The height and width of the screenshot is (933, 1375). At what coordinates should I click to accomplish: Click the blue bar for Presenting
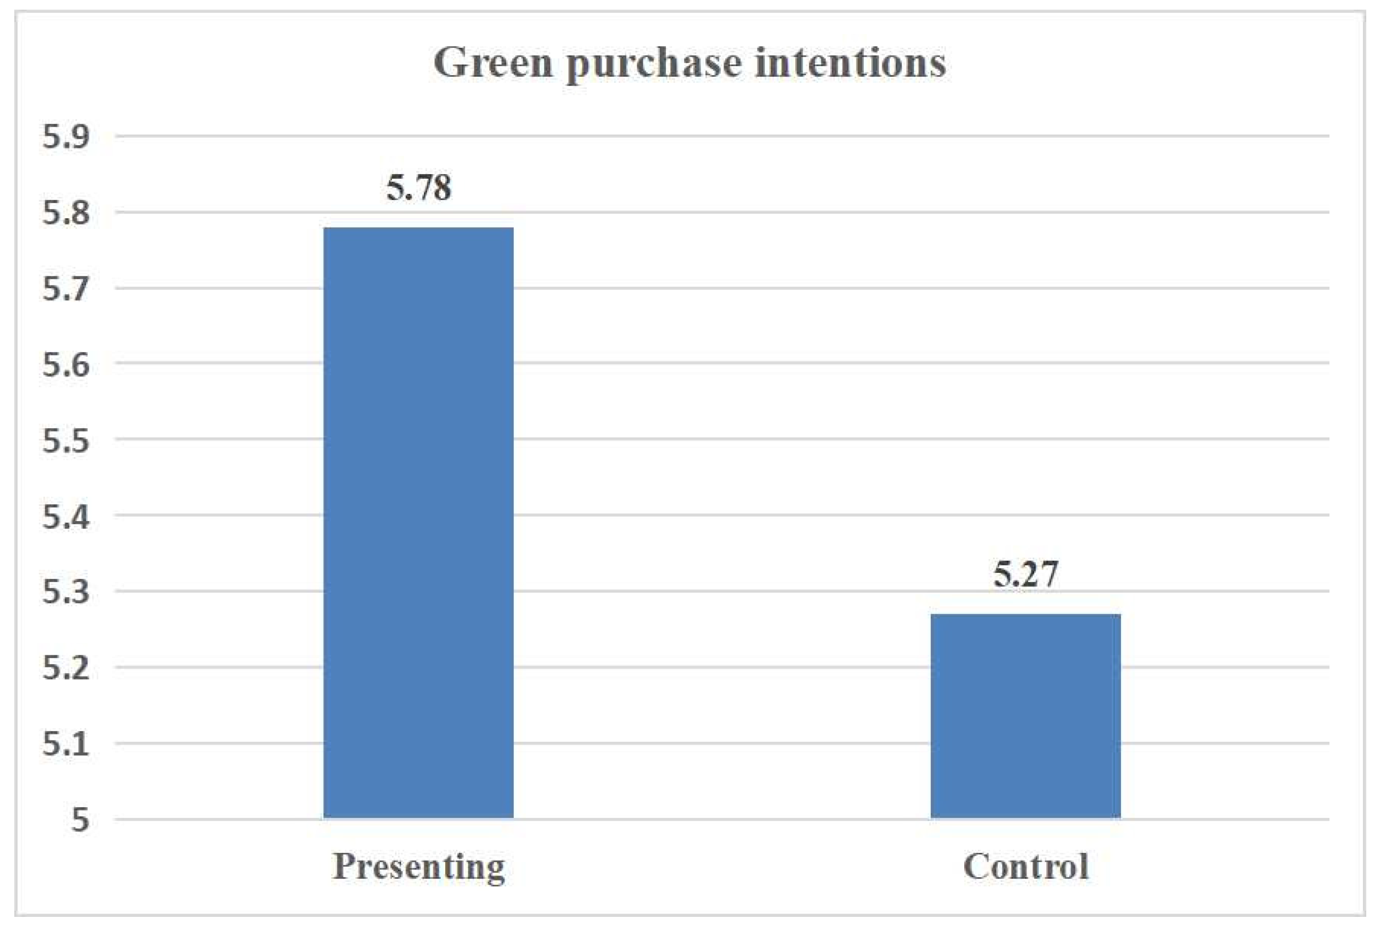point(418,522)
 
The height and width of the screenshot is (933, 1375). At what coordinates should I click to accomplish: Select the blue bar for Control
point(1025,716)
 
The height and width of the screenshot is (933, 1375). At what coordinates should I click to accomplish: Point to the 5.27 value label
point(1025,574)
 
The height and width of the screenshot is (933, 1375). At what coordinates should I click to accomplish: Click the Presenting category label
point(418,867)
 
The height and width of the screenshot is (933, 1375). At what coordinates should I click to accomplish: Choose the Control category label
point(1025,867)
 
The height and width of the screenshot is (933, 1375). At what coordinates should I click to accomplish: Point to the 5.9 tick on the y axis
point(66,137)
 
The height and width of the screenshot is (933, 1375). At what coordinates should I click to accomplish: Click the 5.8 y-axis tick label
point(66,213)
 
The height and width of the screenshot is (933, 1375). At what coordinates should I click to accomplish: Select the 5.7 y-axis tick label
point(66,289)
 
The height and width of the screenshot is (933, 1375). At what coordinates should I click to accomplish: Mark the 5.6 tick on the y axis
point(66,364)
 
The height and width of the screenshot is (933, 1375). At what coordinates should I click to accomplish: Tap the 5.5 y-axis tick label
point(66,441)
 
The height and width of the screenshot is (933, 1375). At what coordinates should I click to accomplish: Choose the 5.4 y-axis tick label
point(66,517)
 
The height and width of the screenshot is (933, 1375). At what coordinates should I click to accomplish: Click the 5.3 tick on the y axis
point(66,592)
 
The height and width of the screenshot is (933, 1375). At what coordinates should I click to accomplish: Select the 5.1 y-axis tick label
point(66,744)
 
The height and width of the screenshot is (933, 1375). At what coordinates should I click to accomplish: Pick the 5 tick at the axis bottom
point(81,821)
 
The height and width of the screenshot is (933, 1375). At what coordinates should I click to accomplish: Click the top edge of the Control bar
point(1025,615)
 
